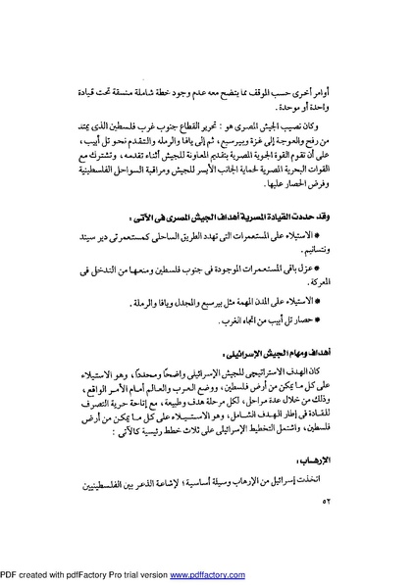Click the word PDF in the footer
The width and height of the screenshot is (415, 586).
(x=9, y=577)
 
